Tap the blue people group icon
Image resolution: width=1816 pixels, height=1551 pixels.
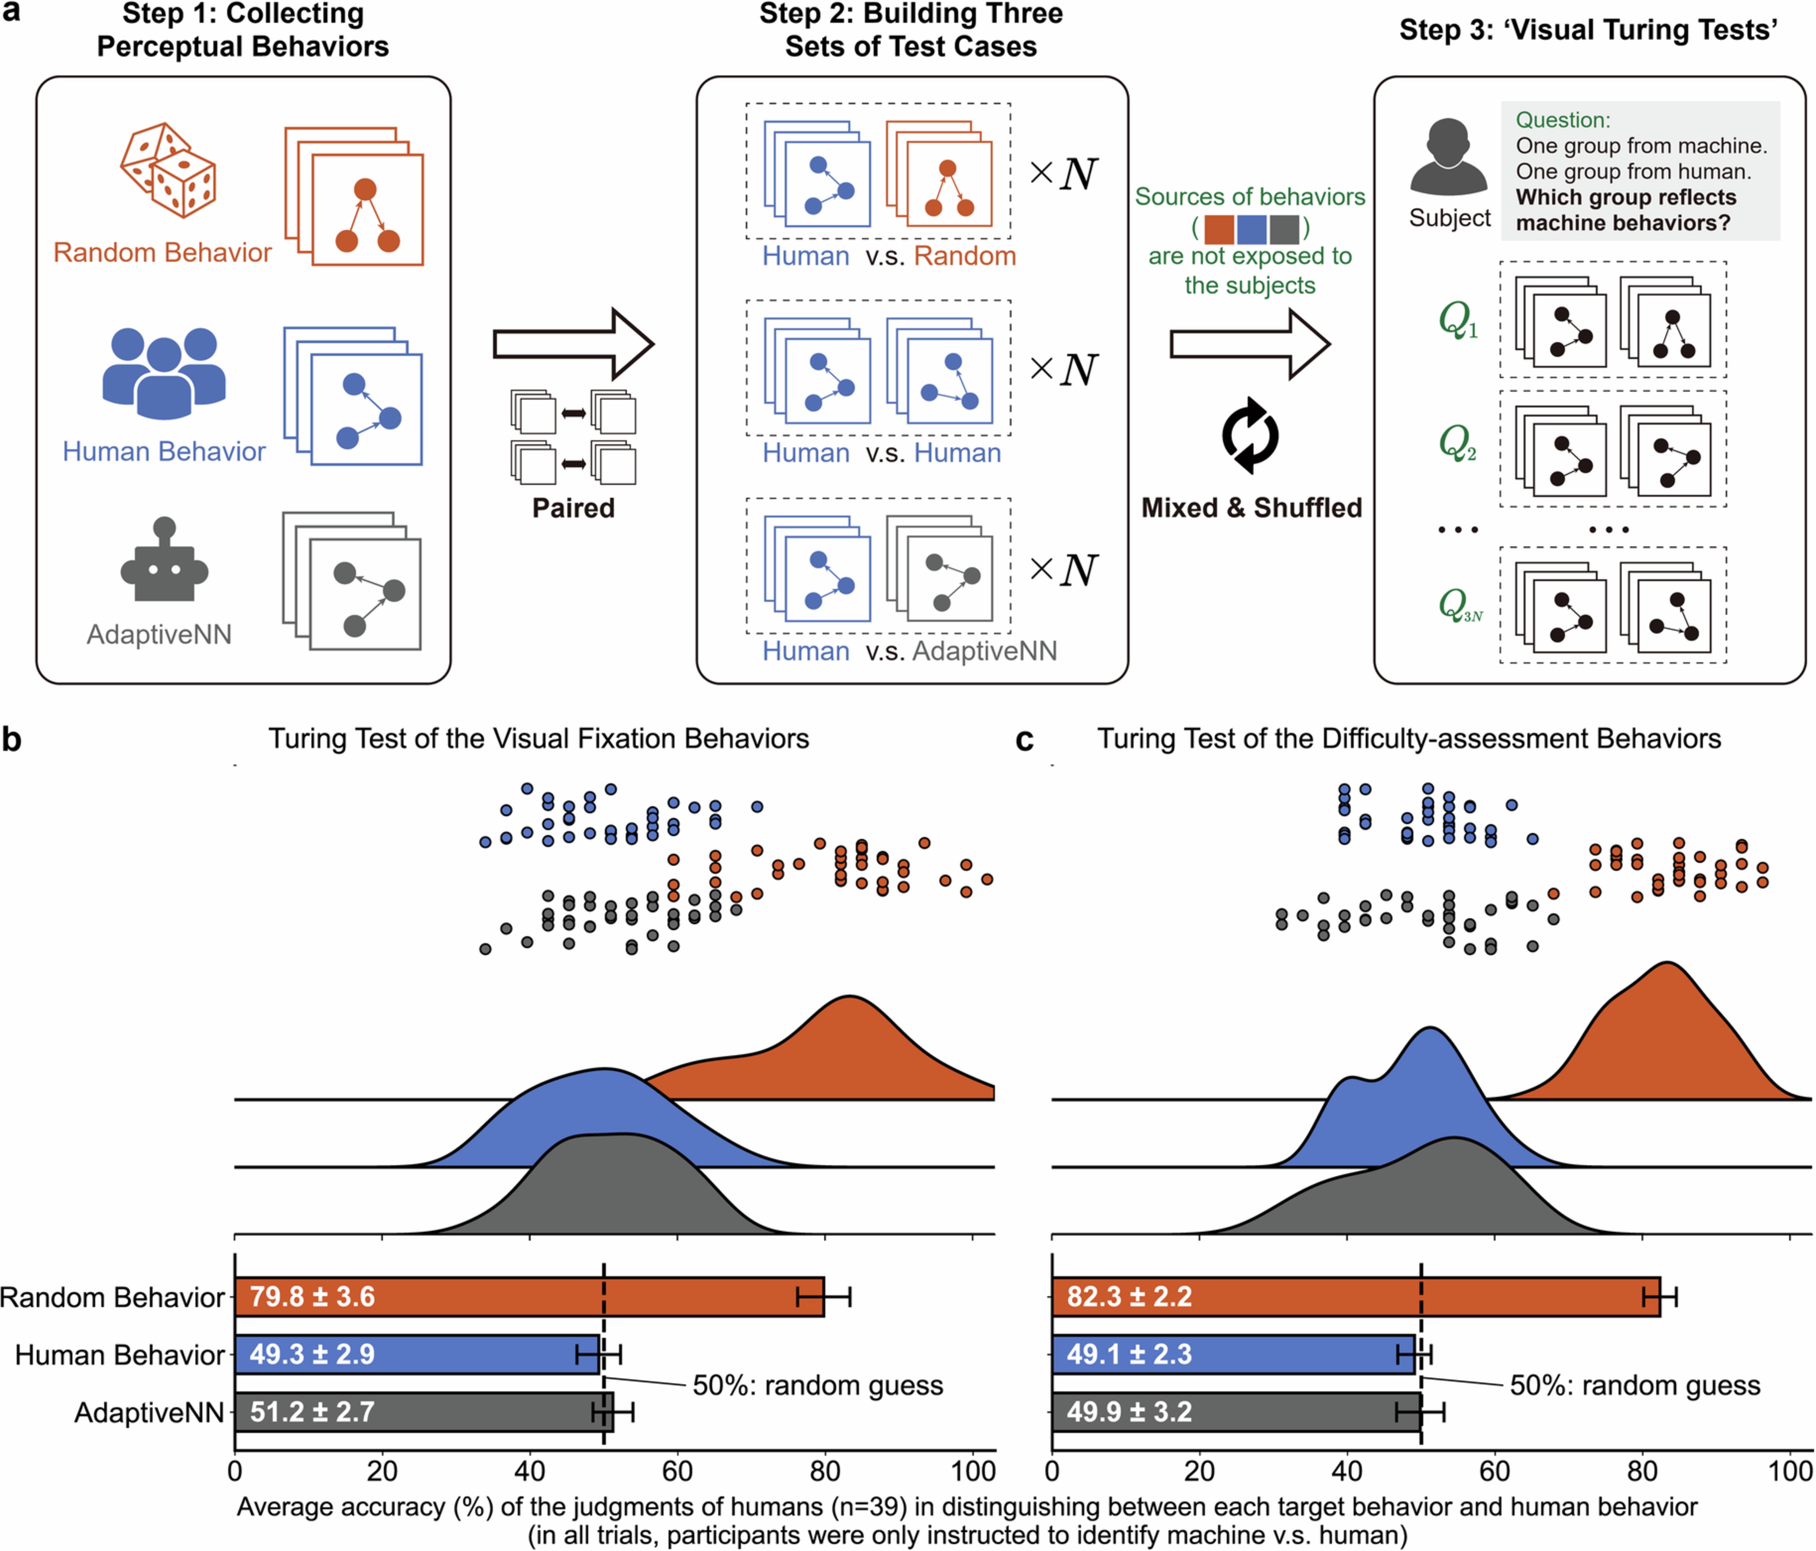[x=164, y=372]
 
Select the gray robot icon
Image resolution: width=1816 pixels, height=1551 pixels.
[x=164, y=561]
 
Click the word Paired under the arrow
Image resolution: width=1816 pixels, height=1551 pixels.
[x=573, y=508]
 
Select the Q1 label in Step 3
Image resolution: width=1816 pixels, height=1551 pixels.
[x=1458, y=320]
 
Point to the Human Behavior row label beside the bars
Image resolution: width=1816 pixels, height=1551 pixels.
[x=120, y=1355]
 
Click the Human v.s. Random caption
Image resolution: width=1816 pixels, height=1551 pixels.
[x=889, y=256]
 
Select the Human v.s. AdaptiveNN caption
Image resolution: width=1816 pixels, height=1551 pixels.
[x=909, y=651]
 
